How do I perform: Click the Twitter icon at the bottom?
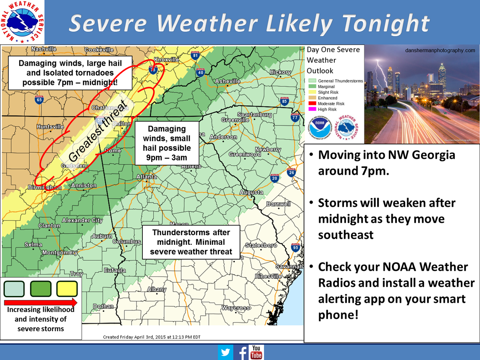226,352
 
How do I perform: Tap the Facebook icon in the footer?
242,352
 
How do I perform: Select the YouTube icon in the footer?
256,352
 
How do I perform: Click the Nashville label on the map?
44,49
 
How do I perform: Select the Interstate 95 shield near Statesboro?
295,248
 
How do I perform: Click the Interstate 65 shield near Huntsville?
39,100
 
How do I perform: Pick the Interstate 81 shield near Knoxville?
195,56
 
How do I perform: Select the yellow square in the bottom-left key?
67,289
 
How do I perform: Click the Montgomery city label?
60,252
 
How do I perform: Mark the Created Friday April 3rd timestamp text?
152,337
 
